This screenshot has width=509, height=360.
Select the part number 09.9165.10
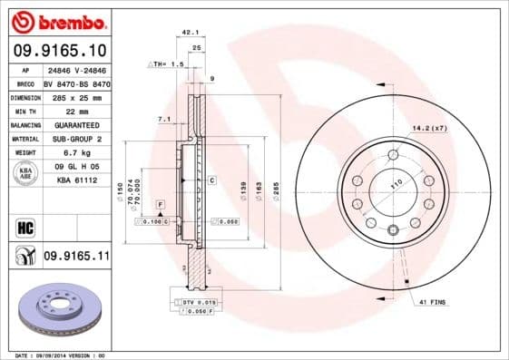coord(59,51)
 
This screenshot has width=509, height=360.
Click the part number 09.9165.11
coord(76,257)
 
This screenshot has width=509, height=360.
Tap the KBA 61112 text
coord(76,180)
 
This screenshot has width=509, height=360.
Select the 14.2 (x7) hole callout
coord(430,128)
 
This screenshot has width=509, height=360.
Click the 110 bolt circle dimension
coord(396,184)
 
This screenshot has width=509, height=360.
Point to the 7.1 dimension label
coord(164,119)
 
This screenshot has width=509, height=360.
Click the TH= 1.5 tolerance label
coord(167,65)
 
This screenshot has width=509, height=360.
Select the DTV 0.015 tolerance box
coord(194,300)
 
